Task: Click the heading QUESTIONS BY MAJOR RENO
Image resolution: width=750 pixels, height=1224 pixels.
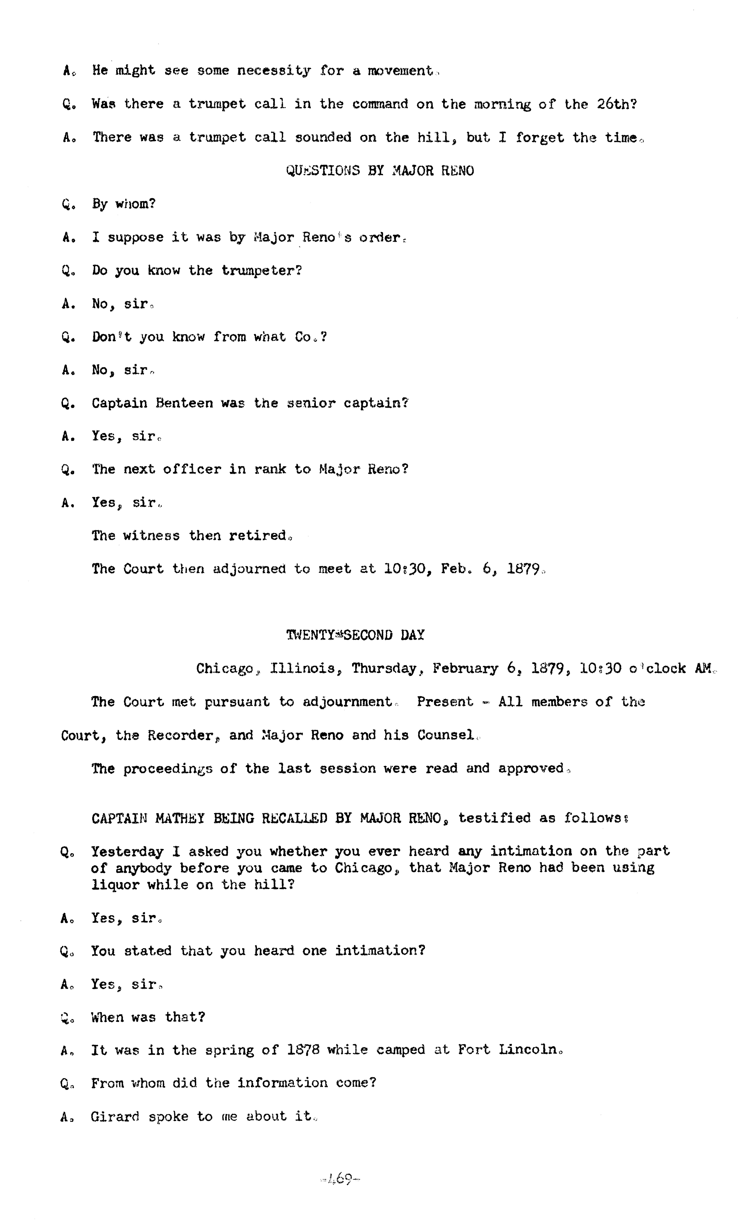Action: click(380, 171)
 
